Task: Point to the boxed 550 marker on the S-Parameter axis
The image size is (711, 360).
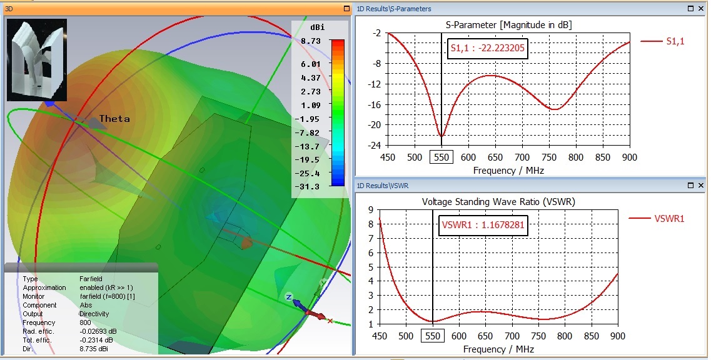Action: pyautogui.click(x=441, y=157)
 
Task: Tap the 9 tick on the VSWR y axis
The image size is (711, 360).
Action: pyautogui.click(x=371, y=211)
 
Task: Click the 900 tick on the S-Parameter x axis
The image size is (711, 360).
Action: pyautogui.click(x=629, y=157)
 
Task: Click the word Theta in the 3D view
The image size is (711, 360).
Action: pyautogui.click(x=114, y=119)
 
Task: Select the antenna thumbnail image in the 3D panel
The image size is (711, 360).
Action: pyautogui.click(x=37, y=60)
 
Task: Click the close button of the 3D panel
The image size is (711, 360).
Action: pyautogui.click(x=346, y=9)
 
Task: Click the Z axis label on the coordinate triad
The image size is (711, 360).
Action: pyautogui.click(x=289, y=296)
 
